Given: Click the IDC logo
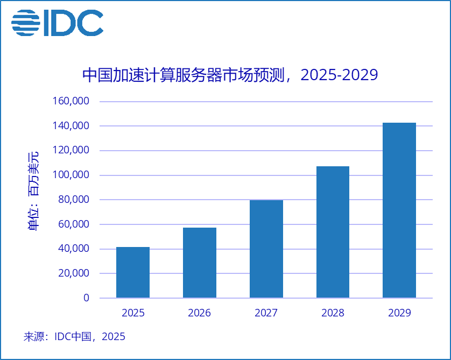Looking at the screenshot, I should coord(57,23).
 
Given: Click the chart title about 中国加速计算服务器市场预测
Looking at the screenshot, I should coord(230,75).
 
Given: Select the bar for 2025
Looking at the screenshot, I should coord(133,272).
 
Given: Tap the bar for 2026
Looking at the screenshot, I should coord(200,263).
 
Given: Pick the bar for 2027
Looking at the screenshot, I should coord(266,249).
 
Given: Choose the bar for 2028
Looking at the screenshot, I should coord(333,232).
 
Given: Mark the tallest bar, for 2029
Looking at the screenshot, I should coord(399,210).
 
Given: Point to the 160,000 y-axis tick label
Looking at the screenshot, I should coord(71,101).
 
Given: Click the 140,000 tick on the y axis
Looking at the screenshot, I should coord(71,126).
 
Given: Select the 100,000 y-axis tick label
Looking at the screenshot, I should coord(71,175).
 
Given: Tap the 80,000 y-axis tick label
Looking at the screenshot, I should coord(73,200).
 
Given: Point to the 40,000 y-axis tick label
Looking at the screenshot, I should coord(73,249).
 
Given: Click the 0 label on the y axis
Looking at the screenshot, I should coord(87,298).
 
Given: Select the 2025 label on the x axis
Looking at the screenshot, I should coord(133,313).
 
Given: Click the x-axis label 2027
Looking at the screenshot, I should coord(266,313).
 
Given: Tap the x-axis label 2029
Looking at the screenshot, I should coord(399,313).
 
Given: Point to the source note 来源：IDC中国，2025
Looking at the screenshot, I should coord(74,337).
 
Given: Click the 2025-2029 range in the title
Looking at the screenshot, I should coord(339,75).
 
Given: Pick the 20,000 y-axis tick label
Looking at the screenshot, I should coord(73,273).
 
